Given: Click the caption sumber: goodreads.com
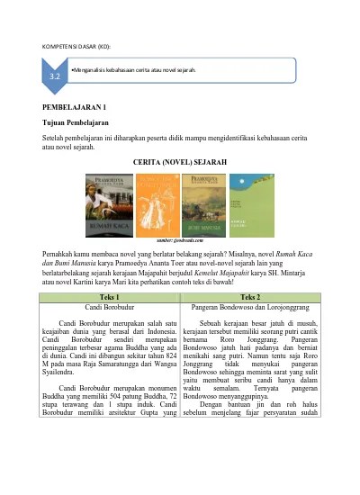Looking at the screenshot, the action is click(180, 241).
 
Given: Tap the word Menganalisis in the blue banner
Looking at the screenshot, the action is click(91, 69).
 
